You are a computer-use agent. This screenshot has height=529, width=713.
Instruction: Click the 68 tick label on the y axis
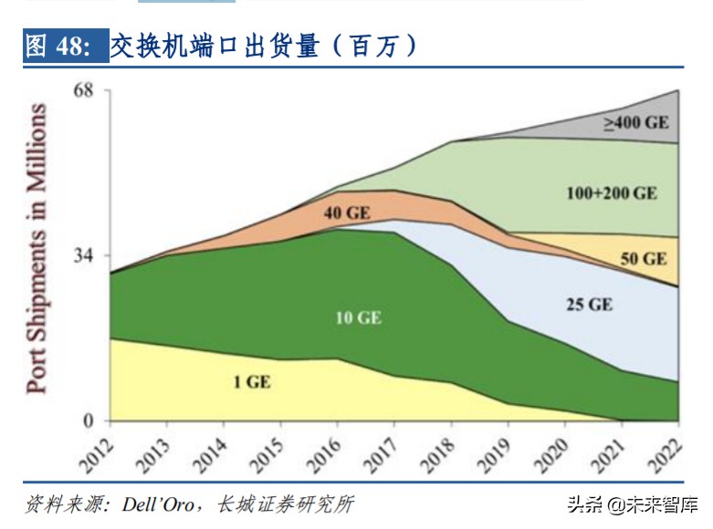86,91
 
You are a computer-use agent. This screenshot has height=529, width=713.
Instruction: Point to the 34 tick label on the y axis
86,255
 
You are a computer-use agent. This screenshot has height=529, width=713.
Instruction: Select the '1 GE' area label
251,382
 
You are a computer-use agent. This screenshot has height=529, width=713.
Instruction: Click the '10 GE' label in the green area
358,318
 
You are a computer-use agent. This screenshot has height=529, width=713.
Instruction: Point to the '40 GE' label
347,213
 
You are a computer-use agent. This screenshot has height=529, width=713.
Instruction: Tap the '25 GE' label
589,304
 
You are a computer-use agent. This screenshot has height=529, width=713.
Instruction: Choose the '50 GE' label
644,259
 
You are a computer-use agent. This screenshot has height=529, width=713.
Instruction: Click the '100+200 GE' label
611,193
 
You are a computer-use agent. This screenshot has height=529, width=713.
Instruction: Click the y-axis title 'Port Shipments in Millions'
37,248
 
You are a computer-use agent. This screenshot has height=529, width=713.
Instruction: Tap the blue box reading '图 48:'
59,46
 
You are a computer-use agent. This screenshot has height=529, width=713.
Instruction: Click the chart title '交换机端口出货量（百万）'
264,46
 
